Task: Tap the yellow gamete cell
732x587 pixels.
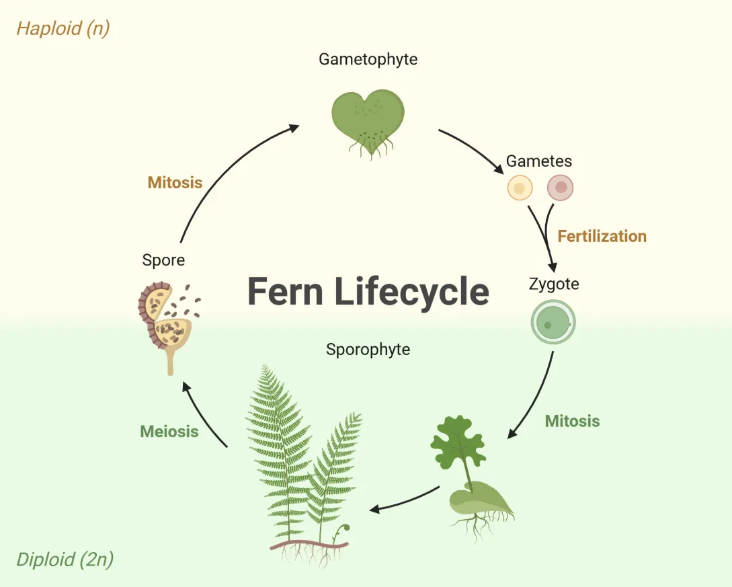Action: click(520, 188)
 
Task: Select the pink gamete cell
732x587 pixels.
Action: click(560, 188)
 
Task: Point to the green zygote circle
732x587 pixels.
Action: click(553, 321)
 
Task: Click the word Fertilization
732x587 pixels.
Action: click(602, 236)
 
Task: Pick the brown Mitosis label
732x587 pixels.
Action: click(175, 182)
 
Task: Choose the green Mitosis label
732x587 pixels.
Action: click(572, 421)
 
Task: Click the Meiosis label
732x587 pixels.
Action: click(169, 431)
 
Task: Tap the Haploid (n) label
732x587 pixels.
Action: click(63, 28)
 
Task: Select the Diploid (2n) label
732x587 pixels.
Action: click(65, 559)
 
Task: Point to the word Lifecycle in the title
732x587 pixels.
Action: click(411, 291)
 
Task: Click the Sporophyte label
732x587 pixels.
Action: click(368, 349)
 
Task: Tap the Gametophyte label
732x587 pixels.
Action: click(368, 59)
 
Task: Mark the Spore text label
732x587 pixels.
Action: click(163, 260)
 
